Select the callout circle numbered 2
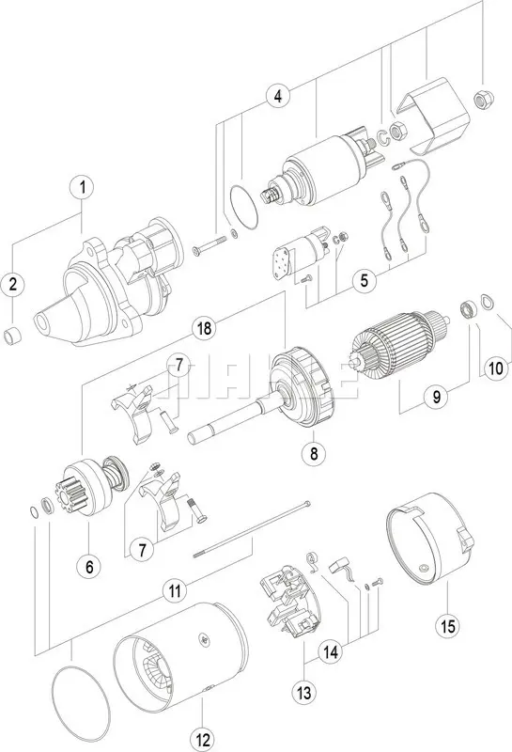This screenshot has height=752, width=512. [13, 283]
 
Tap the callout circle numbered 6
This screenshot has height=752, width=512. [89, 566]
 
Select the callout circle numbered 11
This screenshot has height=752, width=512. [172, 590]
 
